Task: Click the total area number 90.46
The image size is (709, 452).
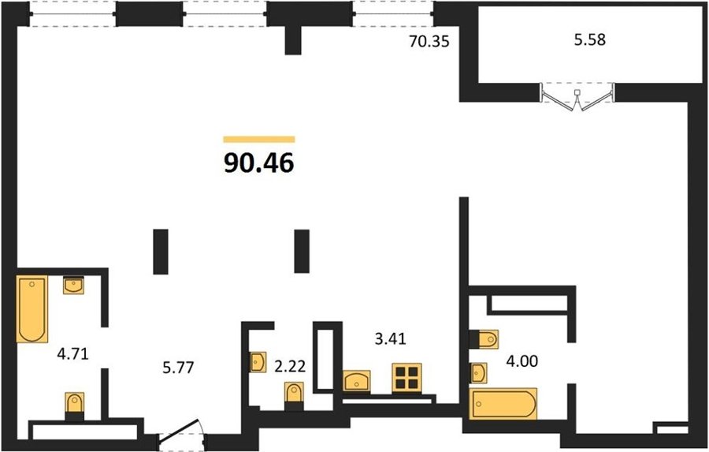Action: click(x=259, y=163)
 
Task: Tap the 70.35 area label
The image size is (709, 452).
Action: click(x=429, y=42)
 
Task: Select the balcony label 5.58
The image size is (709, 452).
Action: click(x=589, y=40)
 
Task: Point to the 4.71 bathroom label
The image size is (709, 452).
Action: click(x=72, y=353)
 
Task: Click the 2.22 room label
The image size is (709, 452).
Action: click(x=290, y=366)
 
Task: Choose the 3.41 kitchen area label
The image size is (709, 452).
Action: click(x=391, y=338)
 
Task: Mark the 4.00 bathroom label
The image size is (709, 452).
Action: click(x=522, y=361)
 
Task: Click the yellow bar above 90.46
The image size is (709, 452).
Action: click(x=259, y=140)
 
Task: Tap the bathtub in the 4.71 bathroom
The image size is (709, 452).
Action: click(x=32, y=309)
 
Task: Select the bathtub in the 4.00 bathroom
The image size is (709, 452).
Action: click(x=503, y=404)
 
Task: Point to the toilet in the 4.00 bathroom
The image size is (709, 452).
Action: click(x=484, y=339)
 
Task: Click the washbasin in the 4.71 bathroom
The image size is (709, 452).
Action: click(x=73, y=286)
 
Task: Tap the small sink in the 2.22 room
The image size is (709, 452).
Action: click(x=258, y=362)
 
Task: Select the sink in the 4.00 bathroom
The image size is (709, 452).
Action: click(x=478, y=373)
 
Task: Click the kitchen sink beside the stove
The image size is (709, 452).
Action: click(x=356, y=380)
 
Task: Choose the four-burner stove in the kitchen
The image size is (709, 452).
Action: click(x=406, y=378)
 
